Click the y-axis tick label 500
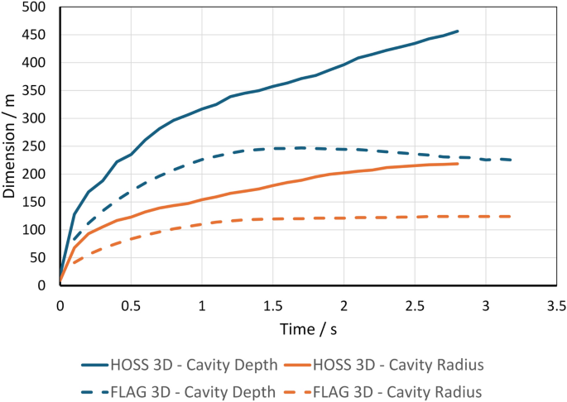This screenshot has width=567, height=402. pyautogui.click(x=37, y=7)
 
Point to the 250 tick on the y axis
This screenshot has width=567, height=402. pyautogui.click(x=37, y=146)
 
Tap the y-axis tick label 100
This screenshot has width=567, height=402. pyautogui.click(x=37, y=230)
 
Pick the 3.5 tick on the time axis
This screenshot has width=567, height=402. pyautogui.click(x=556, y=304)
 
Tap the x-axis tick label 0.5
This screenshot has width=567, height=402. pyautogui.click(x=131, y=304)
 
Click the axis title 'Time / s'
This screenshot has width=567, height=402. pyautogui.click(x=308, y=328)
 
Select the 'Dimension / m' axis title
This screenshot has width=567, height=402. pyautogui.click(x=12, y=147)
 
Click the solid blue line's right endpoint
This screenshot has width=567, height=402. pyautogui.click(x=458, y=31)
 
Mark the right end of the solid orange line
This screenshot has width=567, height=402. pyautogui.click(x=458, y=164)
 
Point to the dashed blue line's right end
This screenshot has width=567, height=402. pyautogui.click(x=514, y=160)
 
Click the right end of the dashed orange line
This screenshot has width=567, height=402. pyautogui.click(x=514, y=217)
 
